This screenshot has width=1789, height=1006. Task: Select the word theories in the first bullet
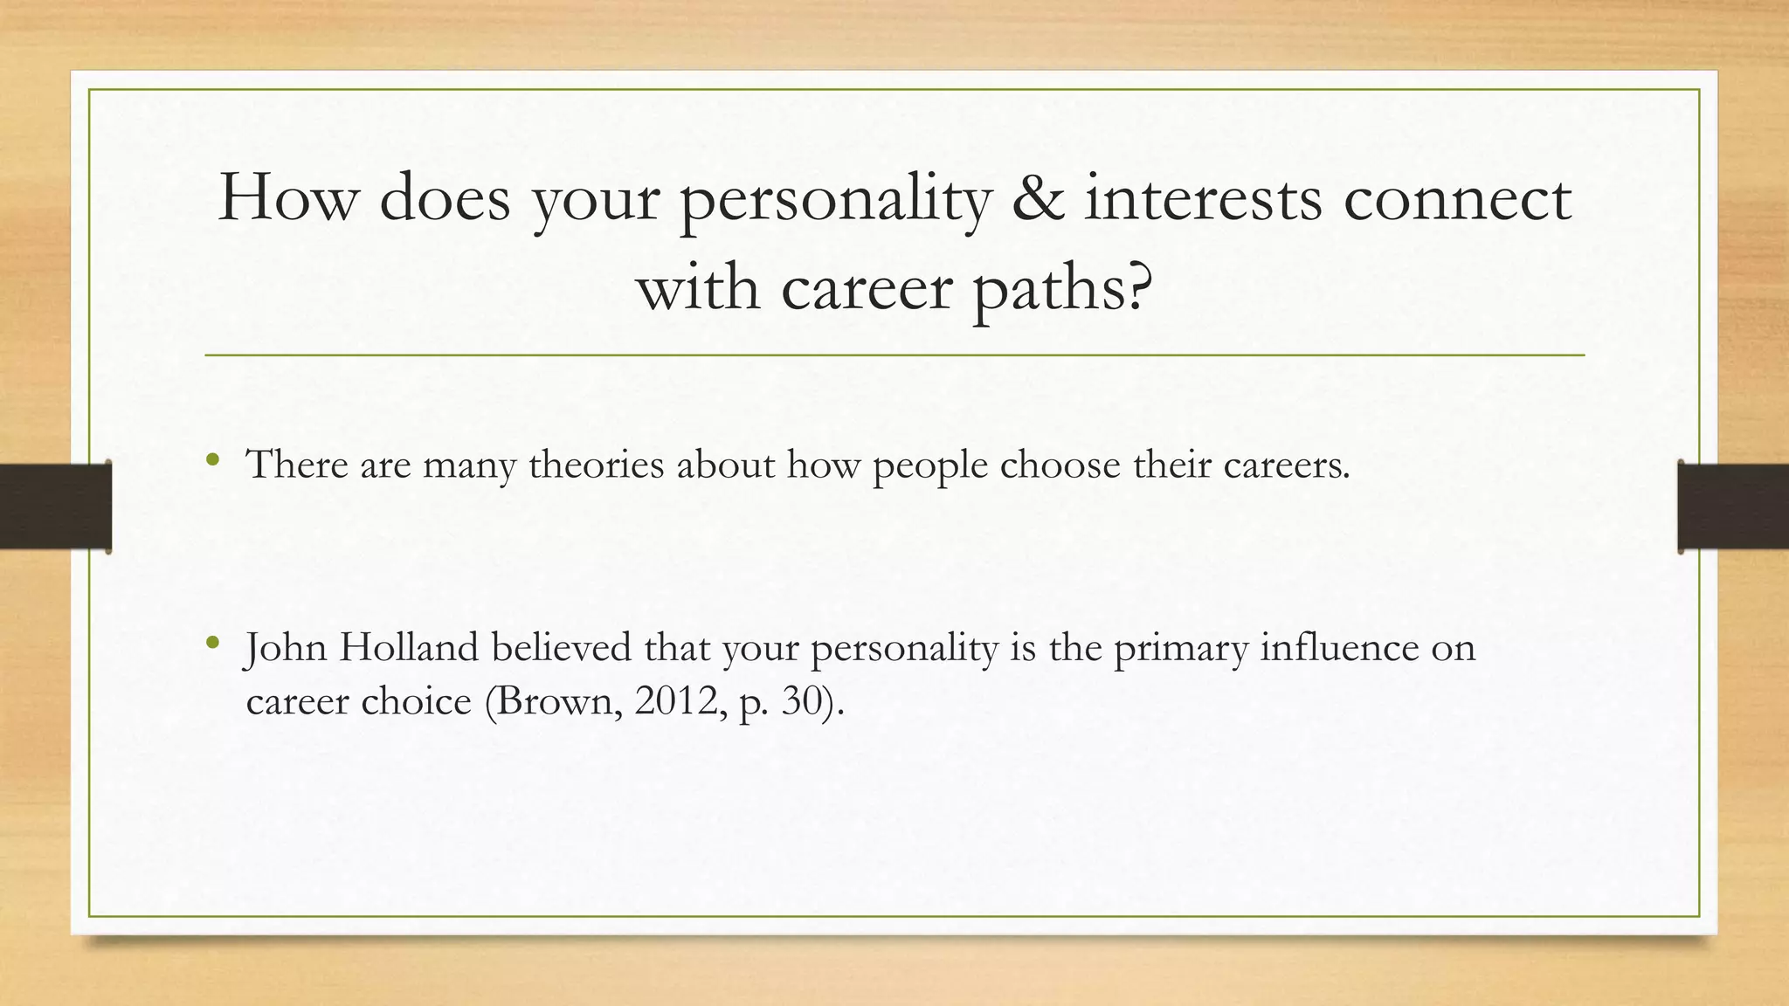596,465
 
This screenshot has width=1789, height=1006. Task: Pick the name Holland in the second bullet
409,648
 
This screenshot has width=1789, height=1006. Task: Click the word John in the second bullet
286,648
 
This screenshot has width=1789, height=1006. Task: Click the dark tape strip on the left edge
55,506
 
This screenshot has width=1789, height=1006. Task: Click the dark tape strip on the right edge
1733,506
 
